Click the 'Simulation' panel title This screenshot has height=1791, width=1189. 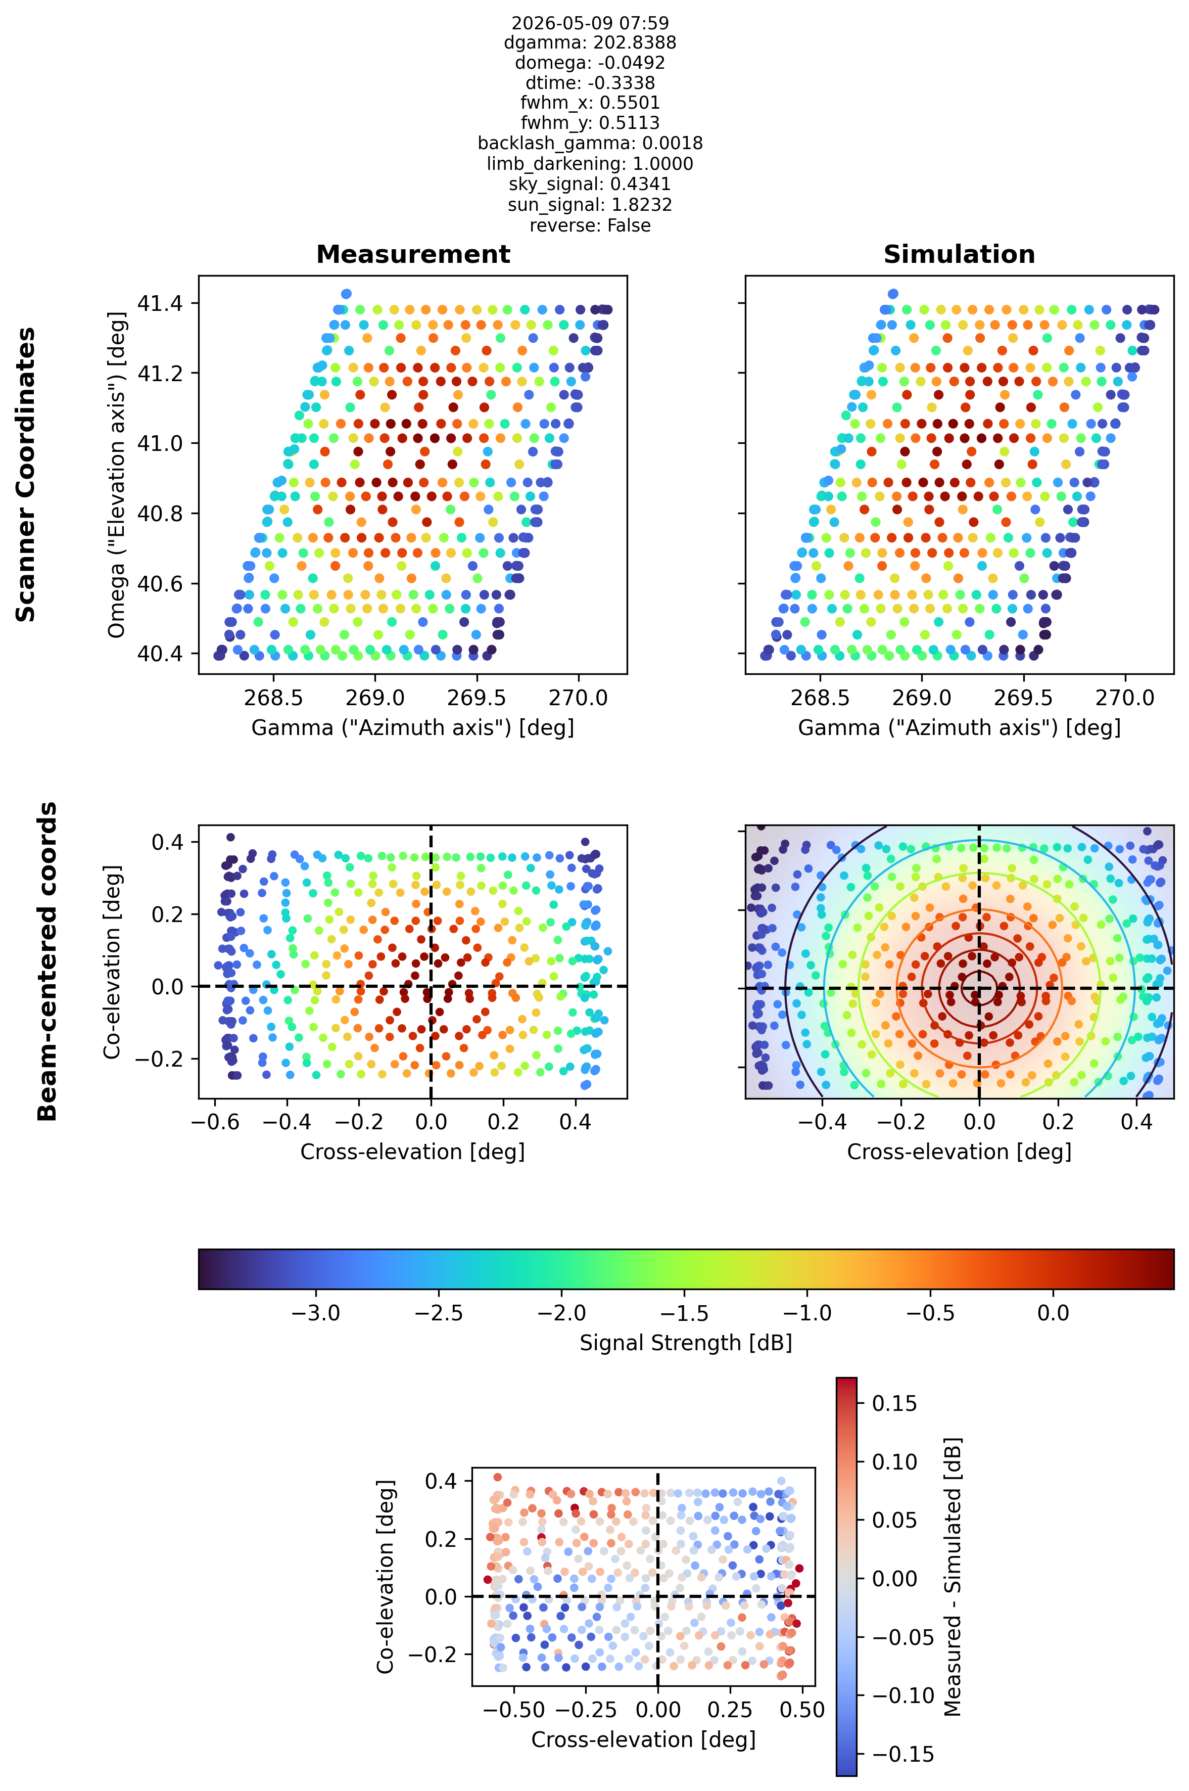(959, 254)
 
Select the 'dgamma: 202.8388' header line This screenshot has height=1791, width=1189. (590, 42)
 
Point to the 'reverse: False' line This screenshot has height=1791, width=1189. (590, 225)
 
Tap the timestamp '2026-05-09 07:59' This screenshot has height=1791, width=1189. (590, 23)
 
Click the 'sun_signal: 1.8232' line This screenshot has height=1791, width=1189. (590, 205)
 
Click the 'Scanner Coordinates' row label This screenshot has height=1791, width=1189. (26, 474)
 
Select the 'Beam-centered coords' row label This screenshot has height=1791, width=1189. (47, 961)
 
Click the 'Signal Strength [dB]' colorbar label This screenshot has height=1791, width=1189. (686, 1343)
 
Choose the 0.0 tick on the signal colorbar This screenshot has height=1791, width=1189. (1053, 1312)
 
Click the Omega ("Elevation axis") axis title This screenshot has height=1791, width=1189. (116, 474)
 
